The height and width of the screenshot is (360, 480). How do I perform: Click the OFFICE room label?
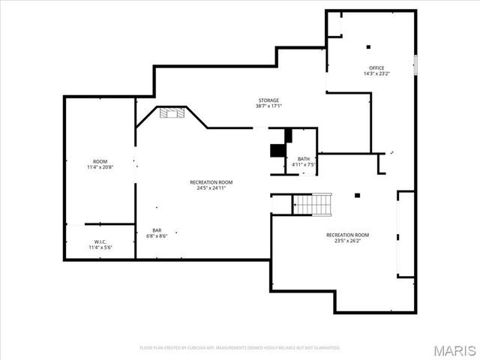tap(376, 67)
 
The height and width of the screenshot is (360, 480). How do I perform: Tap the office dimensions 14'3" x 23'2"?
tap(376, 73)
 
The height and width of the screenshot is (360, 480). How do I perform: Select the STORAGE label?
tap(268, 100)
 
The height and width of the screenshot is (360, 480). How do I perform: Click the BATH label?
tap(303, 158)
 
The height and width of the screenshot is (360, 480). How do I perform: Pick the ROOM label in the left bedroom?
tap(100, 161)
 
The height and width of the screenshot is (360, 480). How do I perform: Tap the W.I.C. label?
tap(100, 241)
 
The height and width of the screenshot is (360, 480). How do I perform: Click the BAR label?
tap(157, 230)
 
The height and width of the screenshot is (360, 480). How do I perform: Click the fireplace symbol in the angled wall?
tap(172, 112)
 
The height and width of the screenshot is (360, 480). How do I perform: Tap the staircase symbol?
tap(311, 203)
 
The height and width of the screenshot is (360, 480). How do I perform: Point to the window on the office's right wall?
tap(414, 64)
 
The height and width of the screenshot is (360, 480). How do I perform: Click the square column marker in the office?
tap(367, 47)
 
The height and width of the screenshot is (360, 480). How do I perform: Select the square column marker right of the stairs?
tap(358, 196)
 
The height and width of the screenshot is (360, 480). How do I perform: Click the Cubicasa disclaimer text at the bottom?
tap(240, 348)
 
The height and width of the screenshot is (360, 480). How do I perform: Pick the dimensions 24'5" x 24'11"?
tap(211, 187)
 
